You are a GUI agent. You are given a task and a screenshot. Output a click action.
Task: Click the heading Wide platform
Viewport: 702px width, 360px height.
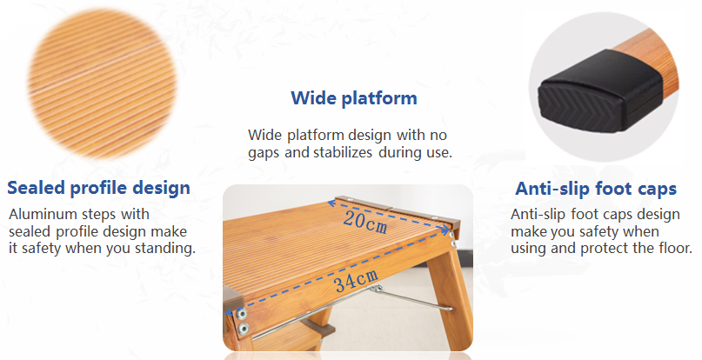click(354, 98)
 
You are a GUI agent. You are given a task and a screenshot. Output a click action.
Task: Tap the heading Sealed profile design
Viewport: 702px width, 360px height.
click(98, 188)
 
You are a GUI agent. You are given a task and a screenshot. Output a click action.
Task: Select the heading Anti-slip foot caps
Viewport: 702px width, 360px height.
click(596, 188)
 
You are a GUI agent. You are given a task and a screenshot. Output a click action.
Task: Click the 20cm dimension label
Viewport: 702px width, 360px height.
click(364, 223)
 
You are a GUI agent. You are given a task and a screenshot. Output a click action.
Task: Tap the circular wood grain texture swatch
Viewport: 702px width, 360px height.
click(102, 83)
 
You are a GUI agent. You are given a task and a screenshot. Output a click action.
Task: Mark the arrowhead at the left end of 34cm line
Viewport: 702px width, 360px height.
click(229, 312)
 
